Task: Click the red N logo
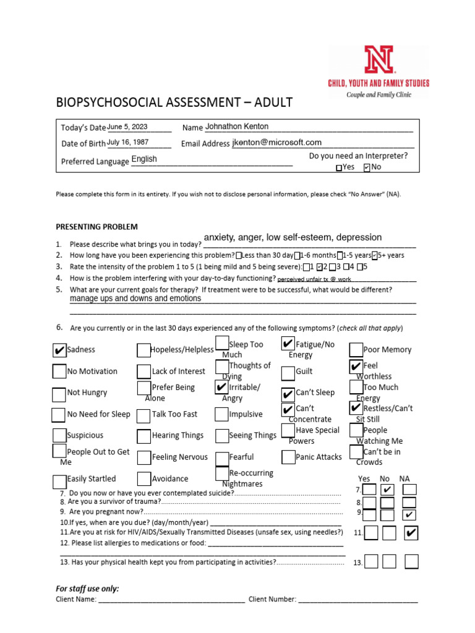379,60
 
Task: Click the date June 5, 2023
127,127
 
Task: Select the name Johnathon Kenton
237,126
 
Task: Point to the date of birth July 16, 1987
128,142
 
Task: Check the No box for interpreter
367,168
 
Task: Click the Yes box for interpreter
338,168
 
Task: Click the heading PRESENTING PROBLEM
97,227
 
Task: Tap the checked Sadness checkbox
59,350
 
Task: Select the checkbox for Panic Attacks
288,457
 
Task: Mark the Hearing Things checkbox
144,436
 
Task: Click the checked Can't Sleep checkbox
288,394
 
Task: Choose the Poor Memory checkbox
356,350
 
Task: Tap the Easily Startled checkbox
59,481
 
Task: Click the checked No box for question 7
388,490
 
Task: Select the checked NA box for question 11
411,533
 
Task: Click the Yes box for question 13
371,561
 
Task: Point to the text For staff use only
87,588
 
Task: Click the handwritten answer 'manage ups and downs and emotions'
135,299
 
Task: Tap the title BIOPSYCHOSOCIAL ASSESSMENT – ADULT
174,102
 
